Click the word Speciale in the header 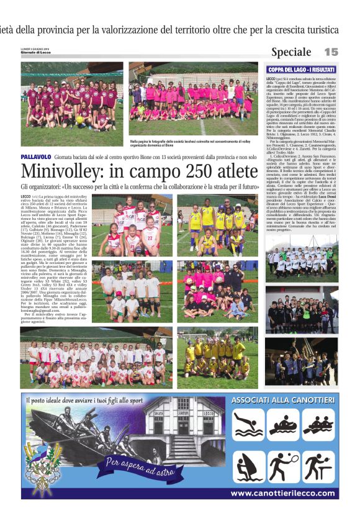(x=291, y=52)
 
